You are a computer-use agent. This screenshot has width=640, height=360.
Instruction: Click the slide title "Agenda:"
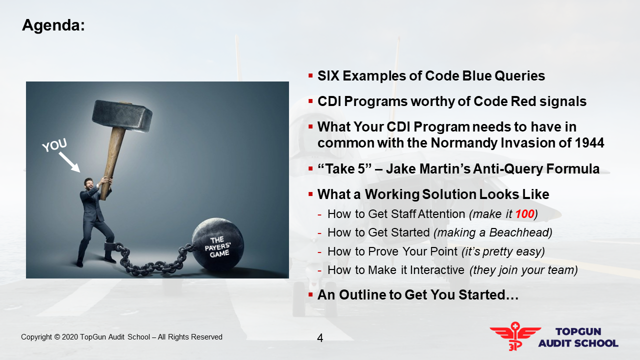53,25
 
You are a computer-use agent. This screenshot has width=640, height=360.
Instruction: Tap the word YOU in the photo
54,145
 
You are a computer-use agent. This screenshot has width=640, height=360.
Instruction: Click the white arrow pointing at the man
69,162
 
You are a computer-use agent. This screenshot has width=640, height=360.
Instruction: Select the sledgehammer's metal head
122,116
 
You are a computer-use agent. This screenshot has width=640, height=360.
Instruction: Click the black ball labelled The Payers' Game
217,244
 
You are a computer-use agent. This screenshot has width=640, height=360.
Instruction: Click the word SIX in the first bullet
328,76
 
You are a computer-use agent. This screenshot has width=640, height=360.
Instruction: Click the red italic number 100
524,214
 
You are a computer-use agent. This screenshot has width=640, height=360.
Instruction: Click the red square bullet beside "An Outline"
310,294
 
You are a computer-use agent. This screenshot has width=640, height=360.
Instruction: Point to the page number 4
320,338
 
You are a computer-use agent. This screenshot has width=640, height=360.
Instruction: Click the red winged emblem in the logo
515,336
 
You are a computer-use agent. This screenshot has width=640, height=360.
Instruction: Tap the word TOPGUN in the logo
578,331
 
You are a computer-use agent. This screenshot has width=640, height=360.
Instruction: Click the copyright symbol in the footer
57,337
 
